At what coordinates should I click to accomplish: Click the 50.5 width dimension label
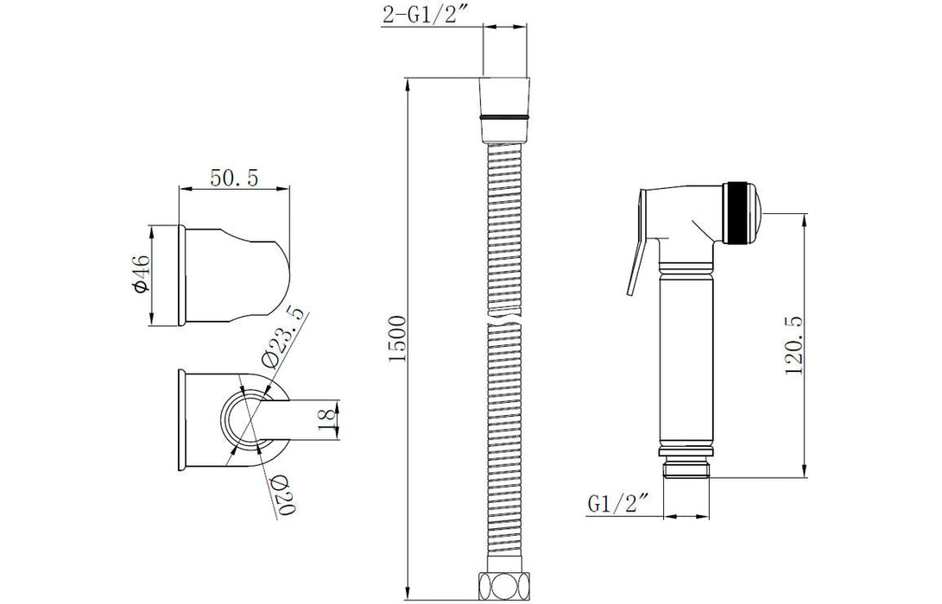(x=234, y=179)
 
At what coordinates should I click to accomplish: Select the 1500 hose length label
(x=398, y=338)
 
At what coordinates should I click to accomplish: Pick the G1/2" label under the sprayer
(x=618, y=503)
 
